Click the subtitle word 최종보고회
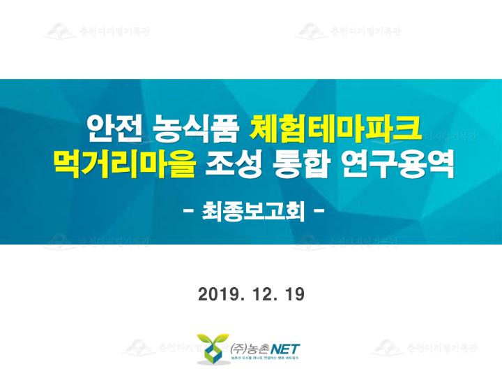coord(252,209)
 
